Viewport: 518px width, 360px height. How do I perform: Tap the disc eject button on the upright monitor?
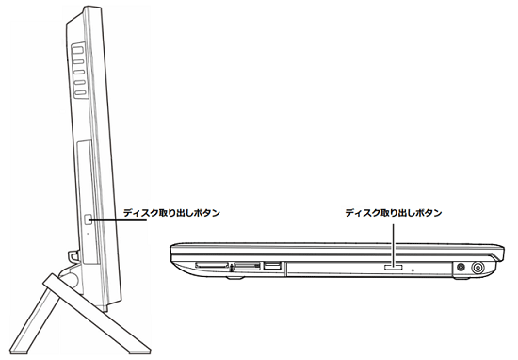pyautogui.click(x=89, y=219)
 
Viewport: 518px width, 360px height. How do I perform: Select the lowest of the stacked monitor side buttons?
pyautogui.click(x=80, y=94)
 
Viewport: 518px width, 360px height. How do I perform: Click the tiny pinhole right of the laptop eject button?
pyautogui.click(x=414, y=269)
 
